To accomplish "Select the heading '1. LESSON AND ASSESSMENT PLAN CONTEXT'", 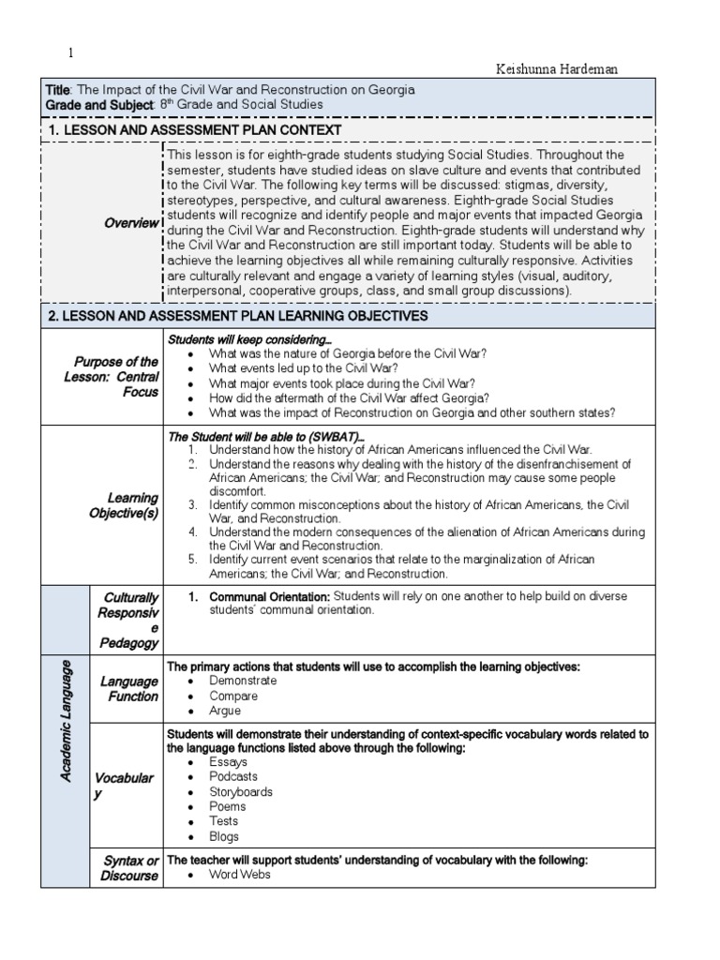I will pos(195,129).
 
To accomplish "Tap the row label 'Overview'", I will pos(132,223).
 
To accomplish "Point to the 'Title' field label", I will pos(58,90).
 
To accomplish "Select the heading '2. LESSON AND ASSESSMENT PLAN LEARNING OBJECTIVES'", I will pos(238,317).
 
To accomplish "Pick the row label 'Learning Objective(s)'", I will pos(129,505).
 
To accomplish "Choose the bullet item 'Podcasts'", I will pos(233,776).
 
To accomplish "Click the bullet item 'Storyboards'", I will pos(241,791).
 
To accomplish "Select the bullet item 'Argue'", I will pos(226,712).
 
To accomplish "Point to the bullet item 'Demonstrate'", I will pos(243,682).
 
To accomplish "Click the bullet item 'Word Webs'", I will pos(240,875).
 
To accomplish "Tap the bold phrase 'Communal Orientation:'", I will pos(269,596).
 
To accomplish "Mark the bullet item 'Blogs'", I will pos(224,836).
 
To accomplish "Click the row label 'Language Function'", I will pos(129,689).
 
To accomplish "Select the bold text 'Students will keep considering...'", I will pos(249,338).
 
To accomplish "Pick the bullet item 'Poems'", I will pos(228,806).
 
